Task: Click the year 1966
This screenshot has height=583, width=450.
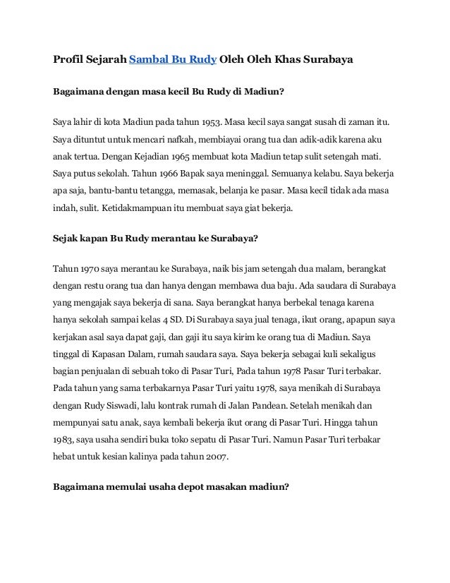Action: coord(152,172)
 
